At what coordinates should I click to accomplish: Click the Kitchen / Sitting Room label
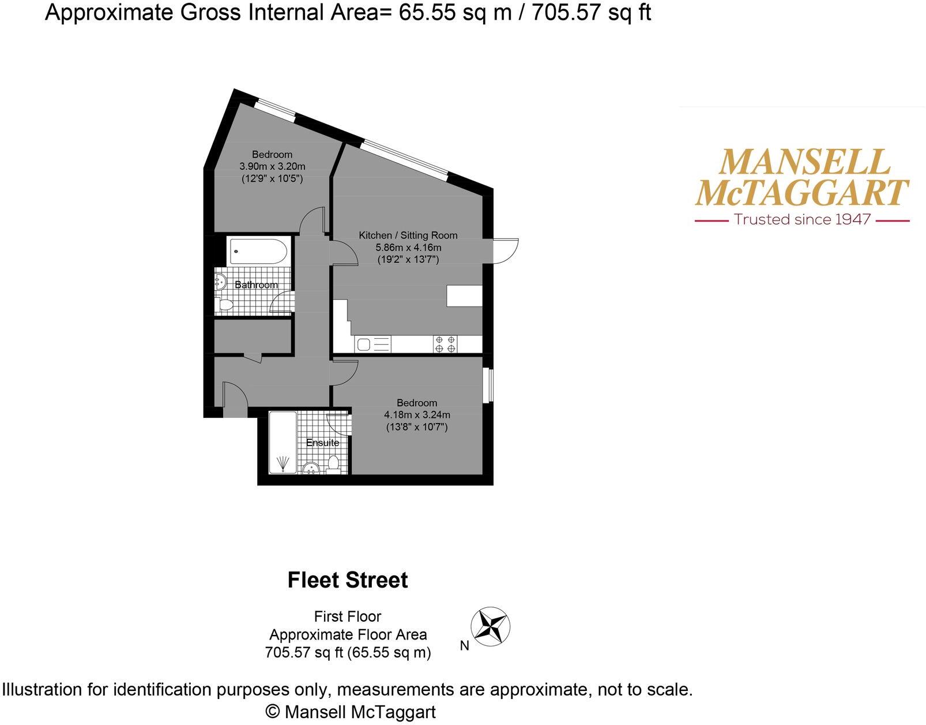click(408, 236)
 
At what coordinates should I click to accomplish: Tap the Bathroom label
click(256, 285)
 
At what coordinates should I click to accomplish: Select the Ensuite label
click(322, 443)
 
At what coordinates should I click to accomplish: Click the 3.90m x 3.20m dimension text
click(272, 167)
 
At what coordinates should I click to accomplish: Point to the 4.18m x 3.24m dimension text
click(417, 415)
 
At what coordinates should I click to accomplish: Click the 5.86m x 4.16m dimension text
click(408, 248)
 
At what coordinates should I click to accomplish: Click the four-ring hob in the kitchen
click(445, 345)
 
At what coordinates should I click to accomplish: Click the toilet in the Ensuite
click(333, 464)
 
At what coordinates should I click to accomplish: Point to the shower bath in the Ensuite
click(283, 443)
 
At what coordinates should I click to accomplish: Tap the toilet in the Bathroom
click(224, 305)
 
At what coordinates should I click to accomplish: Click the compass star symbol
click(491, 626)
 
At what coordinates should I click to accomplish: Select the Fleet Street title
click(348, 580)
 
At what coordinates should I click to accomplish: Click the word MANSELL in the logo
click(804, 162)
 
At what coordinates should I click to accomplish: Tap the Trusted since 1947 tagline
click(802, 220)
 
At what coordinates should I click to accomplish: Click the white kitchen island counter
click(464, 296)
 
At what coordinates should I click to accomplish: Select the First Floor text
click(348, 616)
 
